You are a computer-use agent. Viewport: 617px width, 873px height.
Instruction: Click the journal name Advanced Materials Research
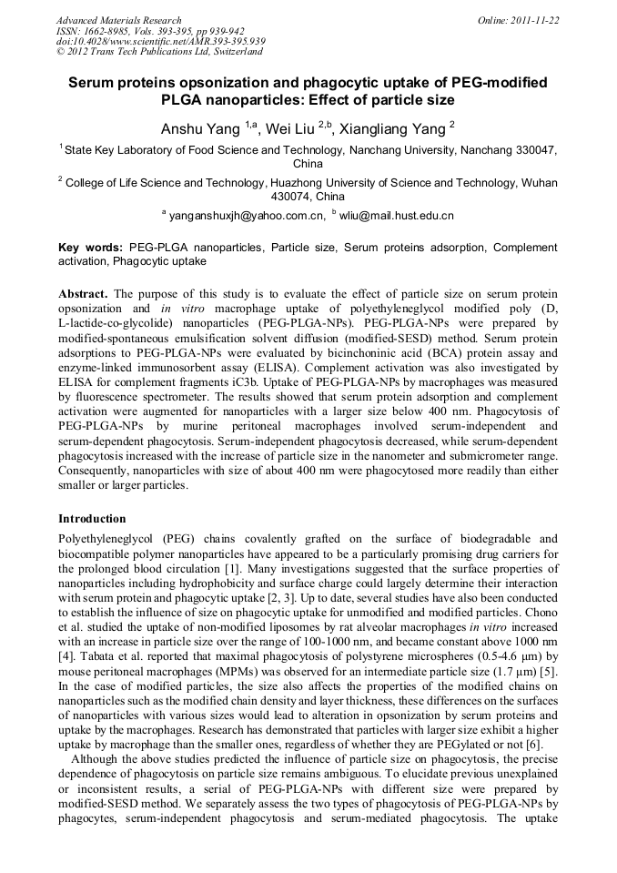118,20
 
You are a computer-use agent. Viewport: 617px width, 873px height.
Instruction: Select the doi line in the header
160,42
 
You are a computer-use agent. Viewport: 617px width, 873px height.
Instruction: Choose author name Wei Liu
290,127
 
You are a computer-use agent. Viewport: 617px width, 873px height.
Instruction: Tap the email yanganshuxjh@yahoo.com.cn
247,216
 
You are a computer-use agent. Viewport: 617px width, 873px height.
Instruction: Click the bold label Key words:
90,247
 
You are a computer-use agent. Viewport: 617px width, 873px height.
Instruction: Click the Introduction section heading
92,518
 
